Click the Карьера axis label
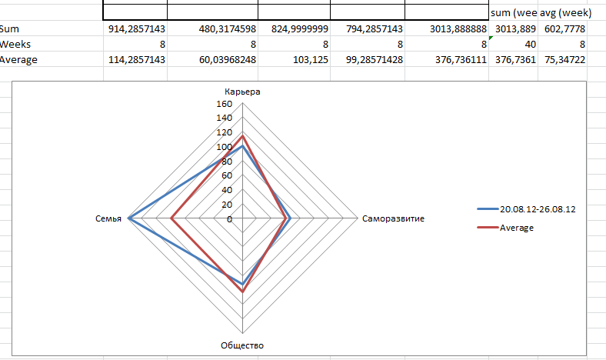[242, 92]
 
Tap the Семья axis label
[108, 219]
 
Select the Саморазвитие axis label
[392, 219]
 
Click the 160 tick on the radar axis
[224, 104]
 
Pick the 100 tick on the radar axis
[224, 147]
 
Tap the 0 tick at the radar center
[229, 219]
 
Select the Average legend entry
[517, 228]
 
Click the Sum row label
[9, 28]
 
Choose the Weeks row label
[15, 44]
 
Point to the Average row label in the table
[19, 59]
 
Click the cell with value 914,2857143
[136, 28]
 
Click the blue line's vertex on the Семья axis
[129, 219]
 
